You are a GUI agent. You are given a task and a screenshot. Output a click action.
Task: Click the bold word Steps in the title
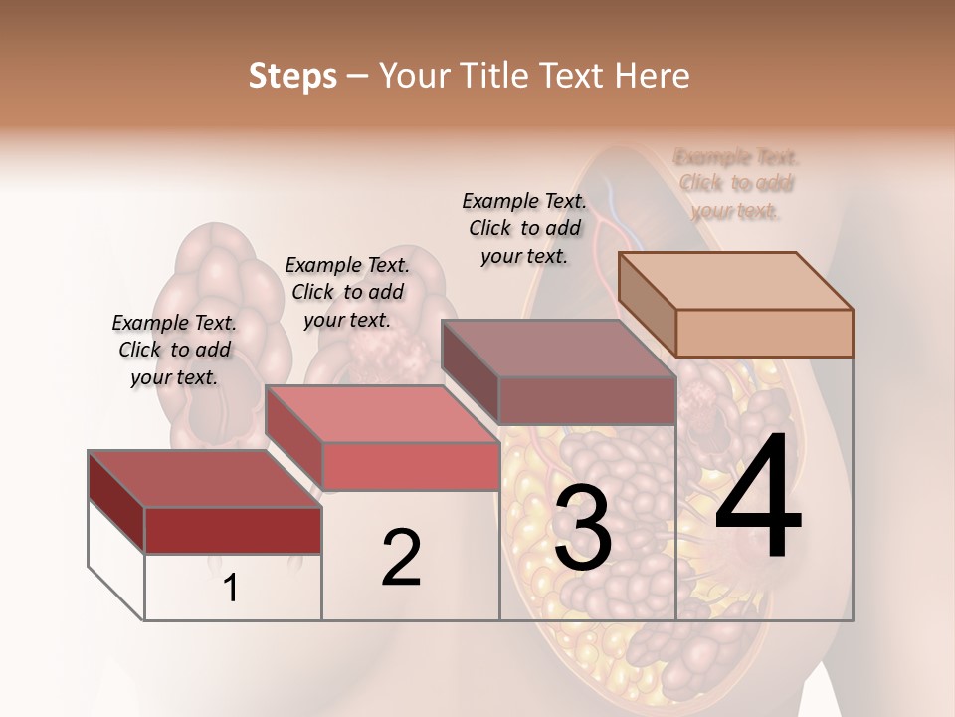pyautogui.click(x=292, y=76)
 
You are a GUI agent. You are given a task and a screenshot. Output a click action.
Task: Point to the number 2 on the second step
pyautogui.click(x=401, y=558)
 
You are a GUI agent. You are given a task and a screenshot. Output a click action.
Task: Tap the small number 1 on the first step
pyautogui.click(x=230, y=588)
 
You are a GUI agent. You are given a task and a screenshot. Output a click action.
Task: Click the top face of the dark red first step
pyautogui.click(x=204, y=479)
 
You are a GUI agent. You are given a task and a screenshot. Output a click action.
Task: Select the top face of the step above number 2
pyautogui.click(x=381, y=414)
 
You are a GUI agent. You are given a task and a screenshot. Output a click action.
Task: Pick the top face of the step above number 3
pyautogui.click(x=558, y=349)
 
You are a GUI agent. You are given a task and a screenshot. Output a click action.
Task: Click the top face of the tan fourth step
pyautogui.click(x=735, y=281)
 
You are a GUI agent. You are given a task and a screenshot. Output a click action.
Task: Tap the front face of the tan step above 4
pyautogui.click(x=764, y=333)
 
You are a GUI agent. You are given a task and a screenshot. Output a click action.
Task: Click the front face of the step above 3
pyautogui.click(x=587, y=400)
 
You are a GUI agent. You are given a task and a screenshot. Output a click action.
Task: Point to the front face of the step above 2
pyautogui.click(x=410, y=466)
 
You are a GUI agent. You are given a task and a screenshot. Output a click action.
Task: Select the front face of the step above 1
pyautogui.click(x=233, y=530)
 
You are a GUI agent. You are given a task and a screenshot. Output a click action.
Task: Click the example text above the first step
pyautogui.click(x=174, y=350)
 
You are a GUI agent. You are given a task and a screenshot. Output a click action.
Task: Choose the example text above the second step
pyautogui.click(x=347, y=292)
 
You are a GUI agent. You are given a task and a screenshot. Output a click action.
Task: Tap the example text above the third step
pyautogui.click(x=524, y=228)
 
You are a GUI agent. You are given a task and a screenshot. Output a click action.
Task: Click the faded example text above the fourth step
pyautogui.click(x=736, y=183)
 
